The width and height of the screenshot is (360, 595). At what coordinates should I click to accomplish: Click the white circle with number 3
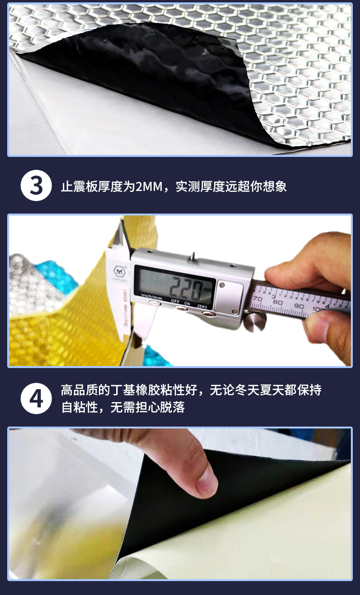36,185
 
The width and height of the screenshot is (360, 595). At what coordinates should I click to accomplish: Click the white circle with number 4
36,399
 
